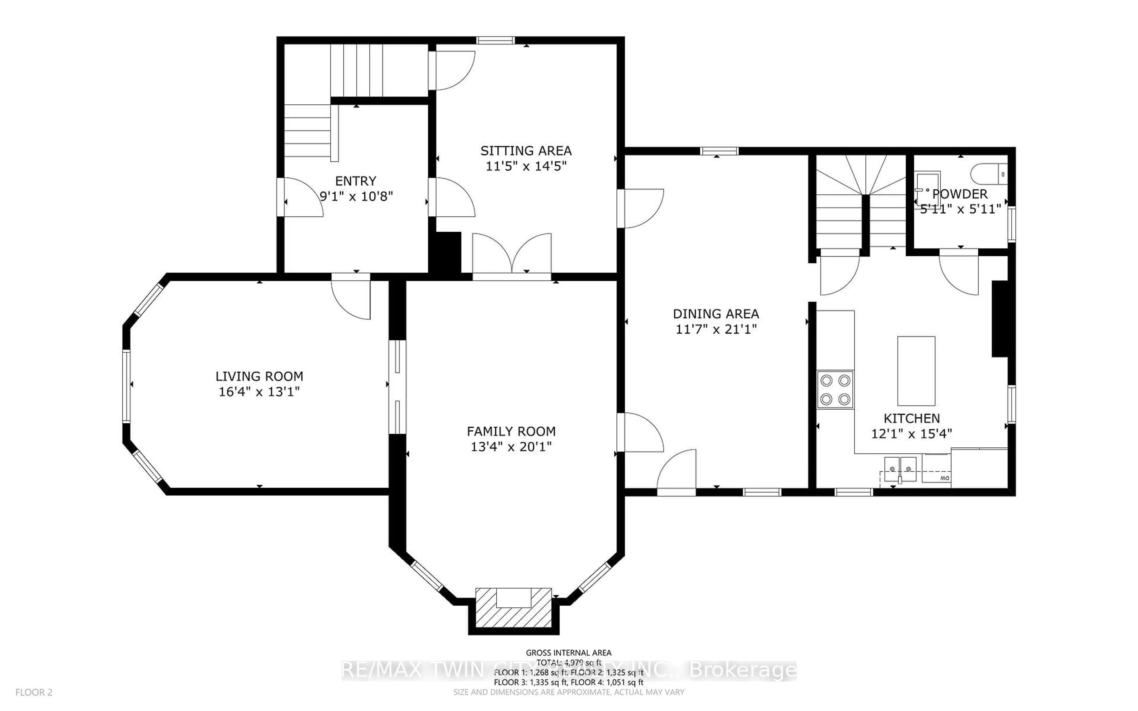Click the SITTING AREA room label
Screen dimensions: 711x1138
coord(526,151)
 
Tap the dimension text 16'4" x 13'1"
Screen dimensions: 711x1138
coord(259,392)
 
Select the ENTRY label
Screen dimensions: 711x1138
coord(356,181)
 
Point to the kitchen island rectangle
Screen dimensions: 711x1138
coord(916,371)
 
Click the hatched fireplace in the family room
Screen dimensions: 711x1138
coord(514,608)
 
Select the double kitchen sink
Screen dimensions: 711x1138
coord(900,469)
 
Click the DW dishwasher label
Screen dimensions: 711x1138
coord(944,478)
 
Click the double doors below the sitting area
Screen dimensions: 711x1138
coord(512,256)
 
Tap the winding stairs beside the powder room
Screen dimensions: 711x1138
coord(861,202)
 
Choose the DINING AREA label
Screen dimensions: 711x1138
coord(716,314)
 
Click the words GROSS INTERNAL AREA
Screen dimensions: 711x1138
coord(568,653)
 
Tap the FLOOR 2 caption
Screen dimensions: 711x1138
coord(34,693)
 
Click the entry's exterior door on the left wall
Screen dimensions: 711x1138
coord(301,198)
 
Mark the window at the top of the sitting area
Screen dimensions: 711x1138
coord(496,41)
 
